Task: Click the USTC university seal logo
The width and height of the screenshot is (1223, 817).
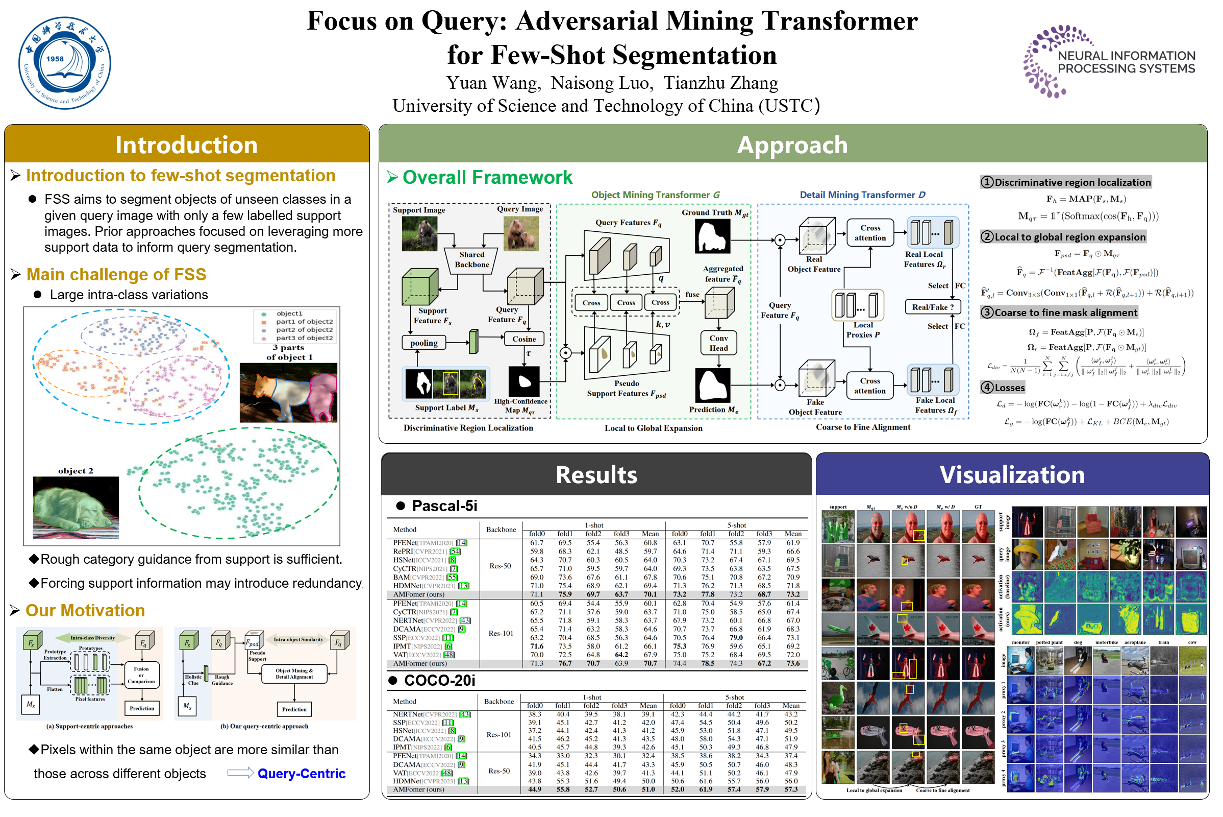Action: [65, 63]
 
